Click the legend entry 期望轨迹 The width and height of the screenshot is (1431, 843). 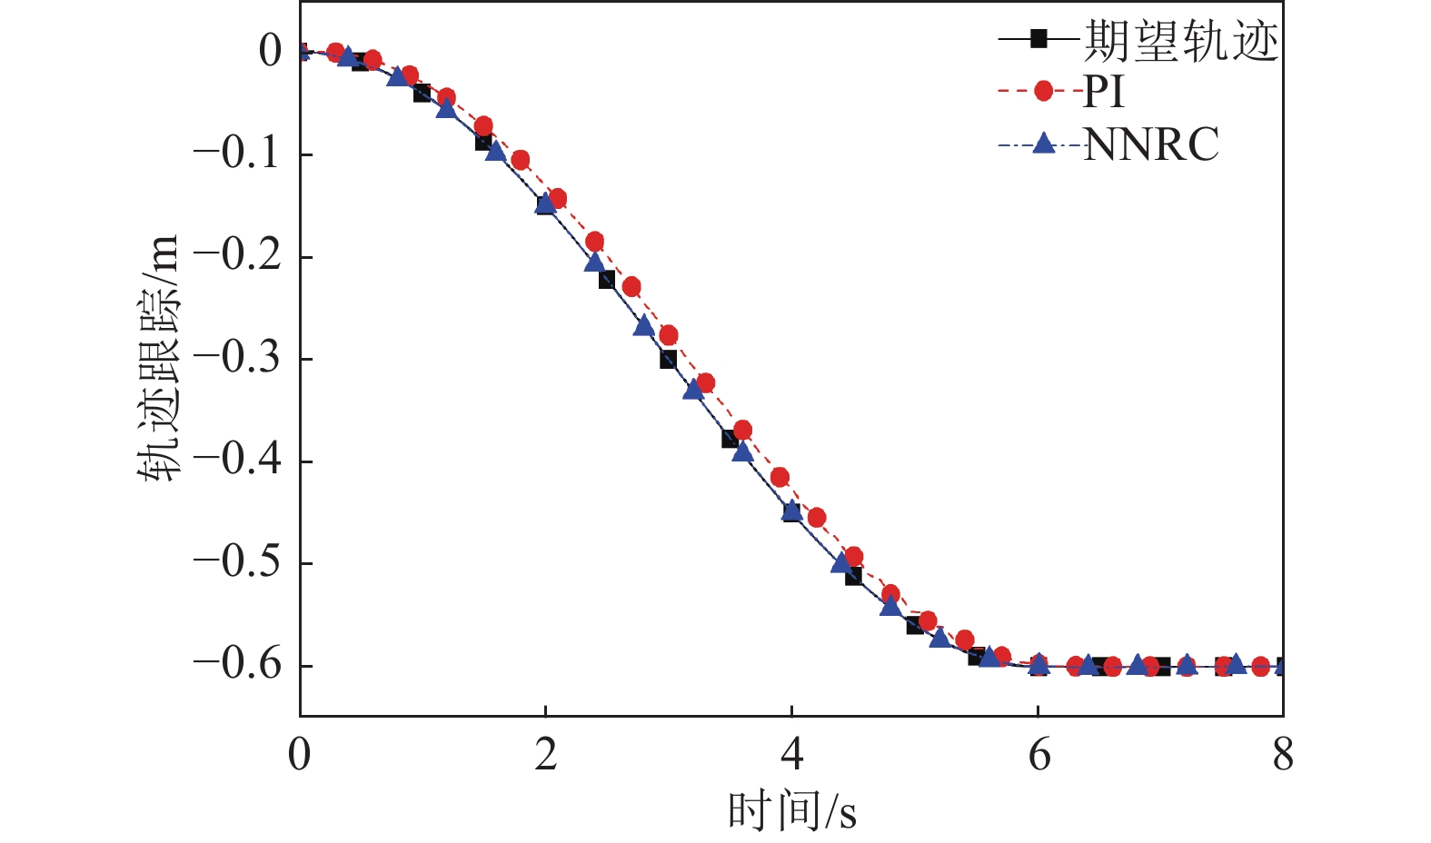(x=1180, y=41)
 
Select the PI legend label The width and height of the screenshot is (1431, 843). (x=1103, y=92)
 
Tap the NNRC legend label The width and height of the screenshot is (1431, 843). (x=1151, y=144)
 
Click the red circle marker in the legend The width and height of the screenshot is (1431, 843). (x=1043, y=91)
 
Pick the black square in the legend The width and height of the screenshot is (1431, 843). (x=1039, y=39)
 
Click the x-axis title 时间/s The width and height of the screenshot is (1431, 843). (x=791, y=811)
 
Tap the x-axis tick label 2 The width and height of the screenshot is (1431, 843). (x=545, y=755)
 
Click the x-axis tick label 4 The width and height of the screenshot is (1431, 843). (x=791, y=755)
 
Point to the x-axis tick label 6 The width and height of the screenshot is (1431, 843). (x=1038, y=755)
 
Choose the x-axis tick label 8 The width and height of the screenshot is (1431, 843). (x=1283, y=755)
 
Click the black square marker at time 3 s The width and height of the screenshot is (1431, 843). (x=668, y=360)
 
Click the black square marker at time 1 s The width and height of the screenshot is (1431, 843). (x=422, y=93)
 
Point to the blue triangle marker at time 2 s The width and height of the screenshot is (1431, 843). (x=545, y=204)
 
